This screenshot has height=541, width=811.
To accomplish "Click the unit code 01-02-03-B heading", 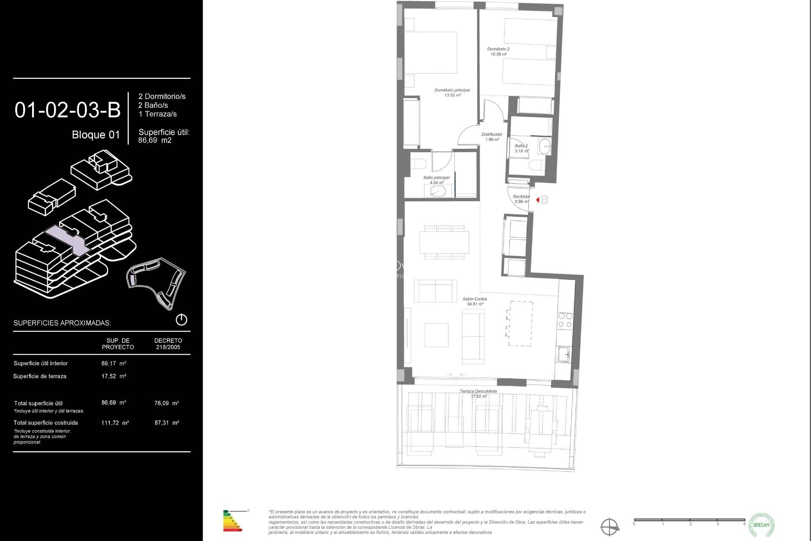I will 68,110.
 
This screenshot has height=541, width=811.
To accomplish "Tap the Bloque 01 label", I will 96,135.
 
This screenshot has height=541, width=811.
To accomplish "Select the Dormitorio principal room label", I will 452,90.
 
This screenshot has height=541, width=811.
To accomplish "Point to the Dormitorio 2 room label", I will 498,49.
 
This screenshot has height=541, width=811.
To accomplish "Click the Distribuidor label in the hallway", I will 492,135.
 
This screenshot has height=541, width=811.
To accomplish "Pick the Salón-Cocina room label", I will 475,299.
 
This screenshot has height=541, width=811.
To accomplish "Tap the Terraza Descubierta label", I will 478,391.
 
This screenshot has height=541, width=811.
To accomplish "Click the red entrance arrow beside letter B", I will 537,200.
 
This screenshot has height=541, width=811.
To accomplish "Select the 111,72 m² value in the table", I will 115,423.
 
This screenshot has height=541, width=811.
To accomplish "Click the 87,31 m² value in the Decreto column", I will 167,423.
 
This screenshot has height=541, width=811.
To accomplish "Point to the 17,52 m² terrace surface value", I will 114,376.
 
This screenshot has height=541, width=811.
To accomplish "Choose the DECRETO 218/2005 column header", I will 168,344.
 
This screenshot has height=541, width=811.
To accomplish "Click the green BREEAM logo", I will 761,525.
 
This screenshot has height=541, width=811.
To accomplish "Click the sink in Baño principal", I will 438,191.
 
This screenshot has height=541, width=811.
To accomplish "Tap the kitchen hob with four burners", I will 565,320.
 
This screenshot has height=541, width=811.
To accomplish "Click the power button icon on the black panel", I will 181,320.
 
